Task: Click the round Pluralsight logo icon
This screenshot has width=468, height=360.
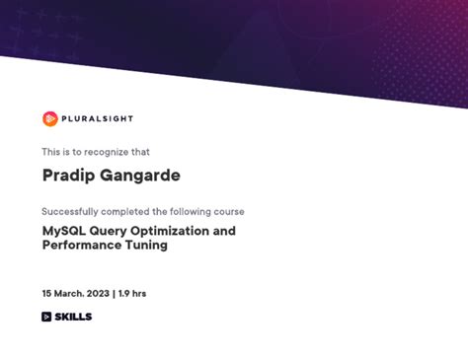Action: coord(49,118)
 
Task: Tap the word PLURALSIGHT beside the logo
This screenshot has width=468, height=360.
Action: coord(97,118)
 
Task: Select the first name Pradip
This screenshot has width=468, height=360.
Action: coord(66,176)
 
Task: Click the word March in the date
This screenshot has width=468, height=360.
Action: coord(68,293)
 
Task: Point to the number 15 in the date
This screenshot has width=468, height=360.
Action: coord(46,293)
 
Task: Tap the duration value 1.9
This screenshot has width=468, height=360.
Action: coord(124,293)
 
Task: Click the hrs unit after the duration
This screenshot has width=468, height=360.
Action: coord(140,293)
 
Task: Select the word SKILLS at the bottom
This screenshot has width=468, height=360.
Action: coord(73,317)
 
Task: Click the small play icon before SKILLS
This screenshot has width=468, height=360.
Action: coord(46,317)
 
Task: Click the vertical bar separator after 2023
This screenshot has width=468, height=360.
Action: coord(113,293)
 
